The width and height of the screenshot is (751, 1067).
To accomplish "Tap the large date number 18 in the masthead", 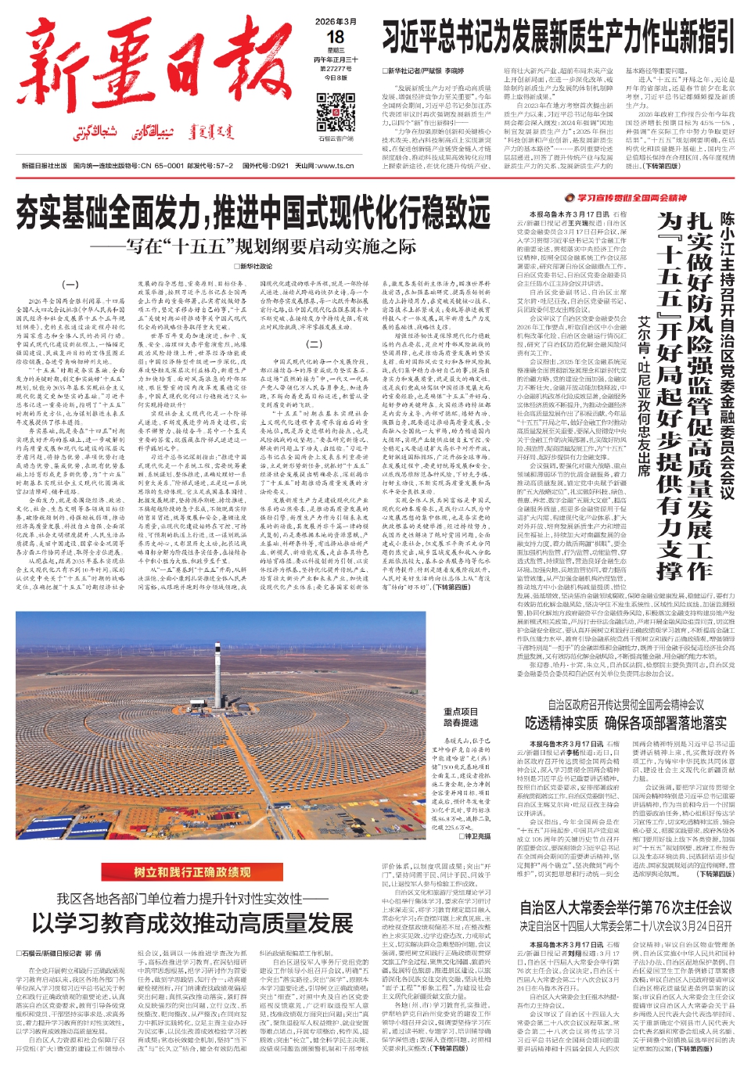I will click(336, 37).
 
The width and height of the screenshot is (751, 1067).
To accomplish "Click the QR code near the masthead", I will click(336, 112).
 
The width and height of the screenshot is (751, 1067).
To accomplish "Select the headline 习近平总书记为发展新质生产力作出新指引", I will click(559, 38).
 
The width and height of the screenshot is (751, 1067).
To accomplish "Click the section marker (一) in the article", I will click(70, 285).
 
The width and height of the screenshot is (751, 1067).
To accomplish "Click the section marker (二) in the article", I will click(314, 343).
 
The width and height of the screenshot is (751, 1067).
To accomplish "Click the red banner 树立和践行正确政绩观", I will click(192, 871).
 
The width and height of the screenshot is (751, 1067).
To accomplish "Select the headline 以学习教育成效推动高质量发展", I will click(192, 923).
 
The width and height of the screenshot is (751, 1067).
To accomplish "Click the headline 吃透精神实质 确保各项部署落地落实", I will click(626, 723).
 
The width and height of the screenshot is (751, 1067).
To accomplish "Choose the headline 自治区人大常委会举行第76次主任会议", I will click(626, 908).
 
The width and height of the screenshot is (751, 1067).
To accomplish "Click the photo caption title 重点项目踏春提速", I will click(461, 717).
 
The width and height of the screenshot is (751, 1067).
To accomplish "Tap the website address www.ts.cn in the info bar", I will click(335, 166).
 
